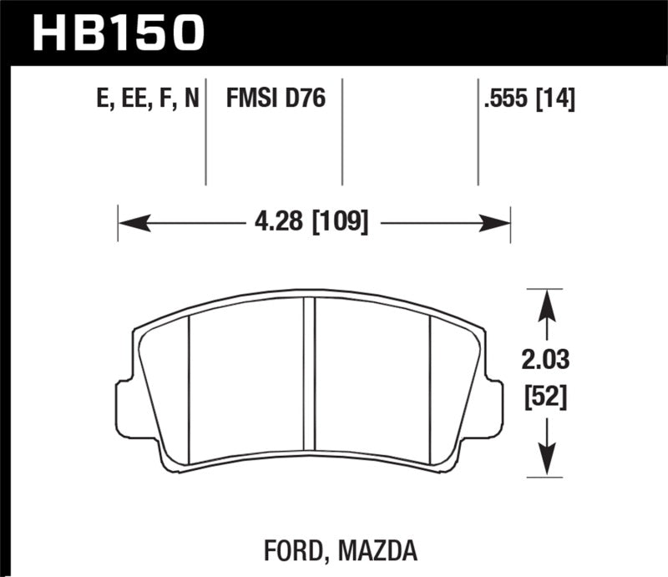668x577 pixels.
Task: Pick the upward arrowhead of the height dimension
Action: pos(546,302)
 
